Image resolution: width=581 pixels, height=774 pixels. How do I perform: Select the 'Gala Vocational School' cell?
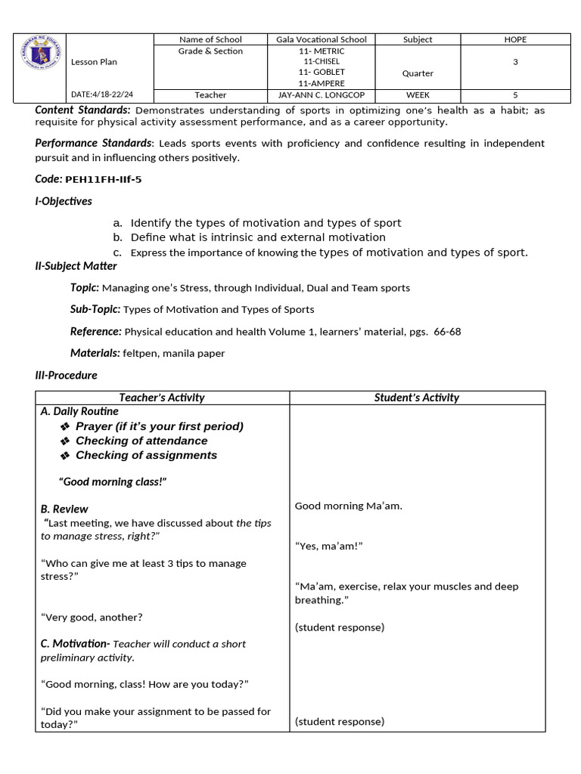322,39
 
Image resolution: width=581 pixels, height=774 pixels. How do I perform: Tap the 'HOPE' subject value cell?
515,39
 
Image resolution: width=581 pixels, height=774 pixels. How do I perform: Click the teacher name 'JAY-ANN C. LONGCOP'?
322,95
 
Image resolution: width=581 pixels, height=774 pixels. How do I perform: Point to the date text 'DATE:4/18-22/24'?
101,95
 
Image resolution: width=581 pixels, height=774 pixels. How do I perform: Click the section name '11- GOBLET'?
322,73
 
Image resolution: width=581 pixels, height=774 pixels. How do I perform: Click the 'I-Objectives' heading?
64,201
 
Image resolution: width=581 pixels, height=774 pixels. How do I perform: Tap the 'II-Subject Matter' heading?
76,266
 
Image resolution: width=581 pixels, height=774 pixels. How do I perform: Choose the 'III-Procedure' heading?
67,375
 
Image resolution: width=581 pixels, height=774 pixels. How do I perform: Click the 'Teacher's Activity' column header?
162,398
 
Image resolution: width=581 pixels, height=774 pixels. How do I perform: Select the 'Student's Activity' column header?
417,398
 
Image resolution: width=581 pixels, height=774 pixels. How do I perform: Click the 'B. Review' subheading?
64,509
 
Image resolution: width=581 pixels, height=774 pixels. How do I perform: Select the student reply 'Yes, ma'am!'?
329,546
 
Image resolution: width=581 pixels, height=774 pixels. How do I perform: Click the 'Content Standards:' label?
83,110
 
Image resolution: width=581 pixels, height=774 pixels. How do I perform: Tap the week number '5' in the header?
515,95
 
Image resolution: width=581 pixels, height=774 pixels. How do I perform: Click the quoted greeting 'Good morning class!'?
113,481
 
